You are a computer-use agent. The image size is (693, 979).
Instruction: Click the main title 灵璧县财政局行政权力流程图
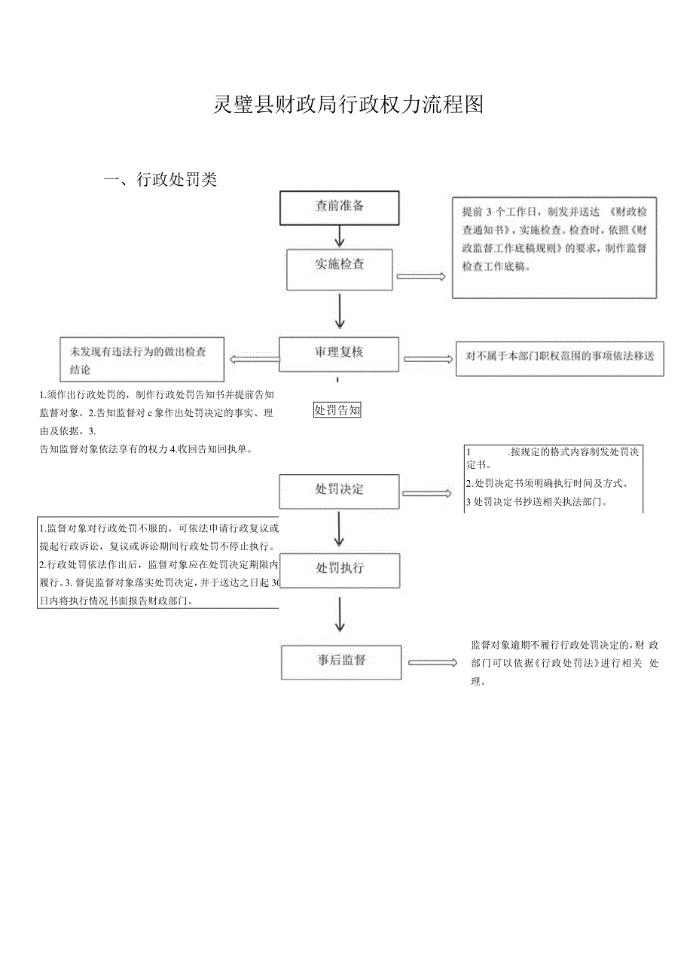(x=348, y=105)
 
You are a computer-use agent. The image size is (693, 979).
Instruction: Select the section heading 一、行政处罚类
(x=160, y=180)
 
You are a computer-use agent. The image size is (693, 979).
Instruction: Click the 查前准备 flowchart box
(x=339, y=207)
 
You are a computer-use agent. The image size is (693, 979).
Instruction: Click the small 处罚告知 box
(x=337, y=410)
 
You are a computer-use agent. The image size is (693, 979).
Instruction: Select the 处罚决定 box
(x=339, y=491)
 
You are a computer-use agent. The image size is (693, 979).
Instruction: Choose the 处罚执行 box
(x=339, y=570)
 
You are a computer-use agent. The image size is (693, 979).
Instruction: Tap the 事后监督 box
(x=340, y=661)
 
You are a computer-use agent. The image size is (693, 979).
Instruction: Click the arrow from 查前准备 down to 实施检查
(x=339, y=236)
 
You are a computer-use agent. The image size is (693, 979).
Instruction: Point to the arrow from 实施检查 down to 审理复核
(x=339, y=312)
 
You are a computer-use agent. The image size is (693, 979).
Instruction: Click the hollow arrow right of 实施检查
(x=421, y=277)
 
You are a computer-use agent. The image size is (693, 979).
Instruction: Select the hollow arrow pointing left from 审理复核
(x=254, y=360)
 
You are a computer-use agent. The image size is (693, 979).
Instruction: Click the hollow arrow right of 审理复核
(x=429, y=360)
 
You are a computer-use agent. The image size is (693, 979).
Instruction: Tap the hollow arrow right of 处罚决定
(x=426, y=494)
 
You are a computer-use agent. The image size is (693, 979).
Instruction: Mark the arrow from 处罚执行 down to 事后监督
(x=339, y=615)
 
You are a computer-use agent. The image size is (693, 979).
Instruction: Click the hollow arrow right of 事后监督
(x=432, y=663)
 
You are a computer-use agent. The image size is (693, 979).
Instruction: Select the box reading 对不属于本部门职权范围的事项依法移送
(x=560, y=358)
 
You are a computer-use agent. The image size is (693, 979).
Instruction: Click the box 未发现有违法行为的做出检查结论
(x=142, y=360)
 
